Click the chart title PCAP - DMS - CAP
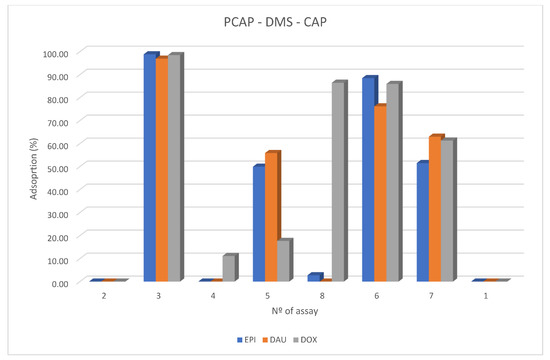(275, 21)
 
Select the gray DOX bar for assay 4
(229, 268)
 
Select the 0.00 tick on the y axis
(57, 282)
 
